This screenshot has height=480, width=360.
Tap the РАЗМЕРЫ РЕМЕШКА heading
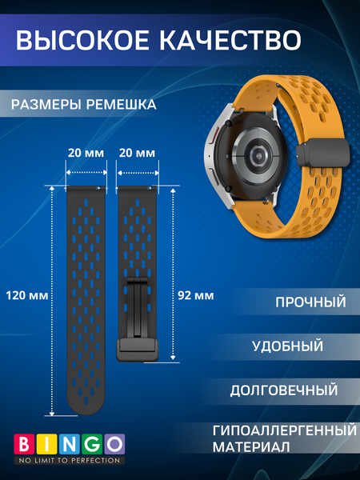(84, 105)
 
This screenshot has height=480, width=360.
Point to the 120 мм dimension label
(26, 294)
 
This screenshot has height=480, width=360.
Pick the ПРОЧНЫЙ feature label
(310, 303)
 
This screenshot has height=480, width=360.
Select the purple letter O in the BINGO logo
(115, 443)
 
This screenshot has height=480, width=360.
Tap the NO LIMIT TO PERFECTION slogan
(70, 461)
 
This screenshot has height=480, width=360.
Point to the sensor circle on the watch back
(254, 151)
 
